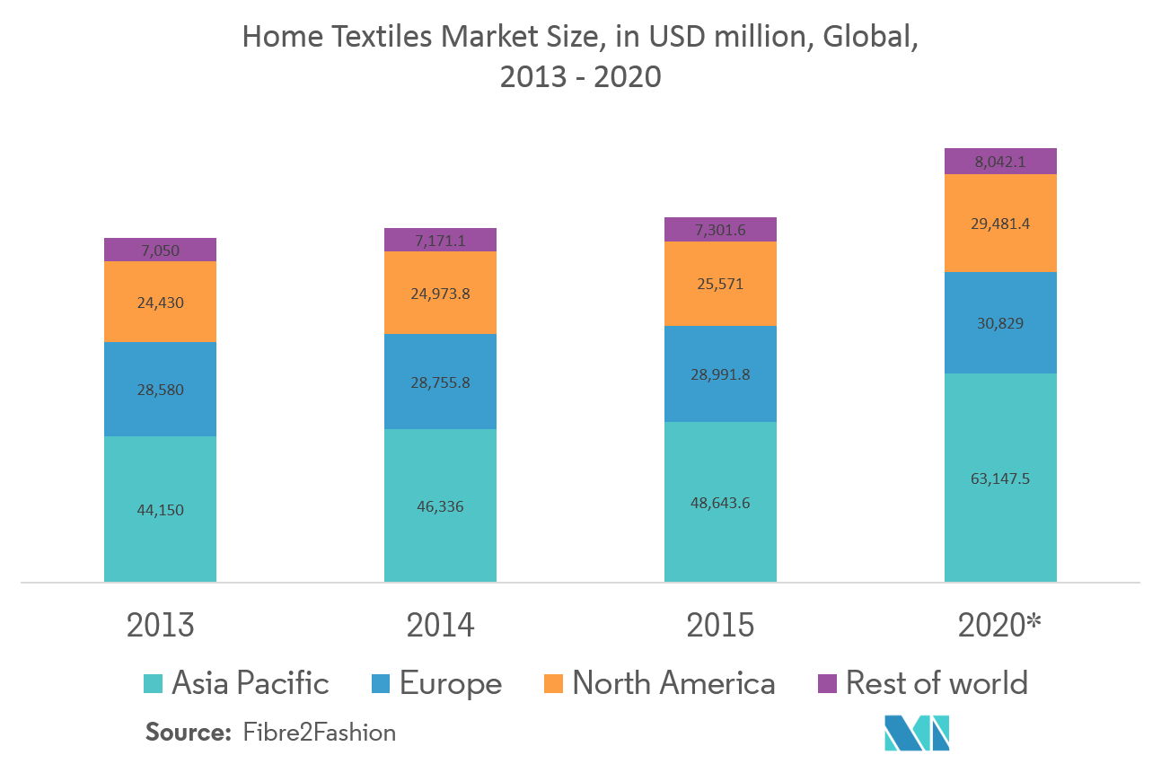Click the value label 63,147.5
coord(1000,479)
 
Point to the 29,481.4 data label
coord(1000,224)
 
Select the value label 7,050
coord(160,250)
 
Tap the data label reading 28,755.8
coord(440,382)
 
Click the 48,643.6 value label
coord(720,503)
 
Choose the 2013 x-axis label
coord(160,626)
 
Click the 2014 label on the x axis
coord(440,626)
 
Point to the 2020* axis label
coord(999,626)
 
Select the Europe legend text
coord(450,684)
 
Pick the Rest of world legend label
coord(937,684)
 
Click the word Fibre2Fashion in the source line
coord(319,733)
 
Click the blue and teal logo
coord(917,733)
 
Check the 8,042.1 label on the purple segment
coord(1000,162)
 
